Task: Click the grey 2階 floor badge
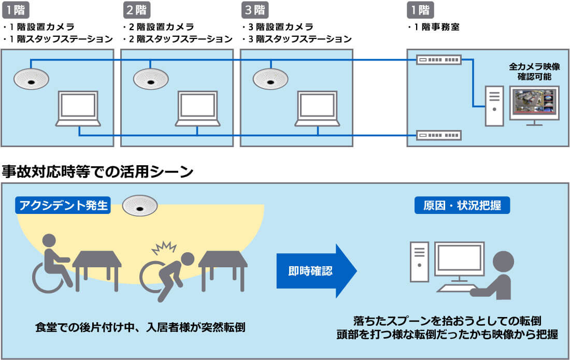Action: (136, 10)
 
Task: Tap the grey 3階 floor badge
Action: (255, 10)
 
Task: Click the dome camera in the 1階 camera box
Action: (31, 79)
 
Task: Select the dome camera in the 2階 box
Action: (151, 79)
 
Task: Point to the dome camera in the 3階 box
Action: (270, 79)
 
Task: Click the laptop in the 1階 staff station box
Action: (78, 109)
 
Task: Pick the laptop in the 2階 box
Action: (197, 109)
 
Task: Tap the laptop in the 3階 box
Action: (317, 109)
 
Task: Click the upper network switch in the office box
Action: (438, 60)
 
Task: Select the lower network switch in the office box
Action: (438, 136)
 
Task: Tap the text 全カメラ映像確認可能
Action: (534, 71)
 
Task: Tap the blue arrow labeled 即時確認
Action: (316, 270)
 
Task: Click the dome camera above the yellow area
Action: (140, 206)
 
